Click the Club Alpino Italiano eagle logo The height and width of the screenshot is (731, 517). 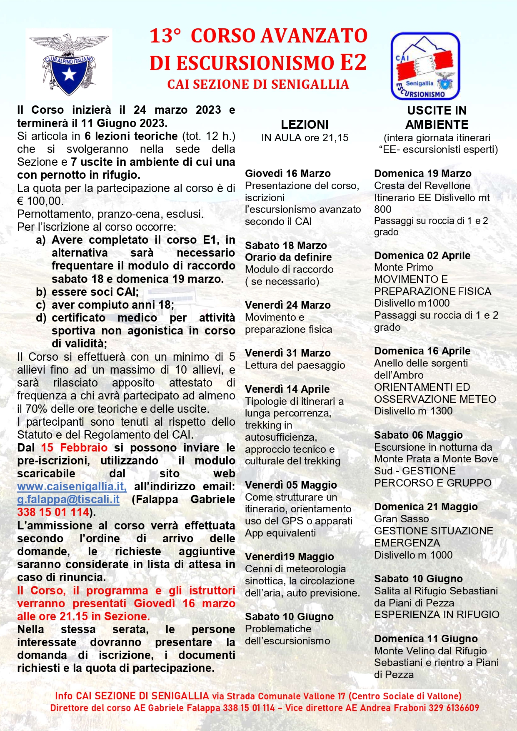[69, 63]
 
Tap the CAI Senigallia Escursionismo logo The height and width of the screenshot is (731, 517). [425, 66]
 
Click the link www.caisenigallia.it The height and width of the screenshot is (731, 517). [72, 486]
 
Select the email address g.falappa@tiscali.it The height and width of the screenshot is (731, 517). [68, 499]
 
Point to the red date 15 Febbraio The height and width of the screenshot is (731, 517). [74, 448]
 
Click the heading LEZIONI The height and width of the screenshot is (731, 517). [305, 125]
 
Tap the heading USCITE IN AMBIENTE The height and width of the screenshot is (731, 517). [437, 117]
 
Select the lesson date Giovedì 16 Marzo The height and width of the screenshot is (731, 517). [287, 173]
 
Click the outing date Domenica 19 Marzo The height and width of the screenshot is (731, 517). [422, 173]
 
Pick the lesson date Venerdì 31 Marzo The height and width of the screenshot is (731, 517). [287, 353]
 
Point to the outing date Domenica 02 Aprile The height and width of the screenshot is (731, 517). [422, 255]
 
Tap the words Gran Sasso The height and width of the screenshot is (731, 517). [401, 519]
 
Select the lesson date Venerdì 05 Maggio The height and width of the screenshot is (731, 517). [291, 485]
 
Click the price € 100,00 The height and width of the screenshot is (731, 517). [40, 201]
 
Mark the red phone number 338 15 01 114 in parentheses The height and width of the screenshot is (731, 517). [53, 512]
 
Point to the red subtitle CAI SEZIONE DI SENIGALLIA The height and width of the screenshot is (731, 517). [258, 85]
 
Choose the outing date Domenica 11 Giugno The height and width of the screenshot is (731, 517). [426, 639]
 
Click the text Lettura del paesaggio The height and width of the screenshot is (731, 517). [295, 365]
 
